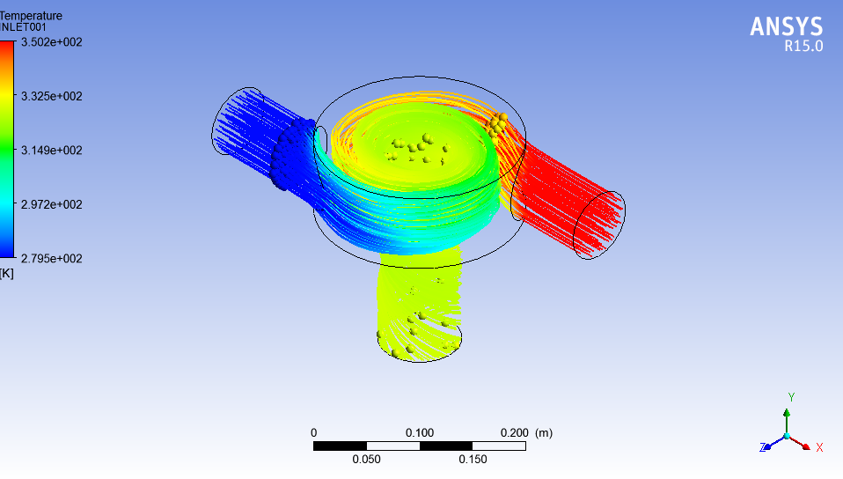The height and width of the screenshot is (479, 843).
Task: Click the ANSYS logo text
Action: coord(786,27)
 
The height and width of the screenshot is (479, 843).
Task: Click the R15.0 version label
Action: coord(803,48)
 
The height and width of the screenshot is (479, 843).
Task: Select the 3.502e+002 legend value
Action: coord(52,41)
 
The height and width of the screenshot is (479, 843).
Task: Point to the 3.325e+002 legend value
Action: coord(52,96)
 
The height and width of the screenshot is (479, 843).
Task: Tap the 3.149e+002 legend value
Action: coord(52,151)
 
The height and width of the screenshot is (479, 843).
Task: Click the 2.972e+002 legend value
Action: coord(52,204)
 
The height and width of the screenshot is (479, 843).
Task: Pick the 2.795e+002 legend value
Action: coord(52,258)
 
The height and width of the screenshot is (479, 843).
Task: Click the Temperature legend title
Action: coord(31,16)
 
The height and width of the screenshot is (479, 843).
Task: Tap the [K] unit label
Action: coord(7,273)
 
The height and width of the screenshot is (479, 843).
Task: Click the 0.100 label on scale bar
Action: coord(420,432)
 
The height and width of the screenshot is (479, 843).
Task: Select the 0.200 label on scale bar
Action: coord(514,432)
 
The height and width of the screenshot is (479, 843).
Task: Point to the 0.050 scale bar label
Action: coord(366,460)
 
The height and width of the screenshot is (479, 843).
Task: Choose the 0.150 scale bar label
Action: coord(473,460)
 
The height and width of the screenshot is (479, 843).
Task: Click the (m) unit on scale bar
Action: coord(544,432)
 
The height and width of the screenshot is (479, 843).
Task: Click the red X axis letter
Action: coord(819,447)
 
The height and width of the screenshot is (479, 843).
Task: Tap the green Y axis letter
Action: coord(791,397)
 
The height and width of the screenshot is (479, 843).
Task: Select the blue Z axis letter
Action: coord(762,447)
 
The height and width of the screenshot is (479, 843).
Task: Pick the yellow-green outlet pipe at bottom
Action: coord(418,308)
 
